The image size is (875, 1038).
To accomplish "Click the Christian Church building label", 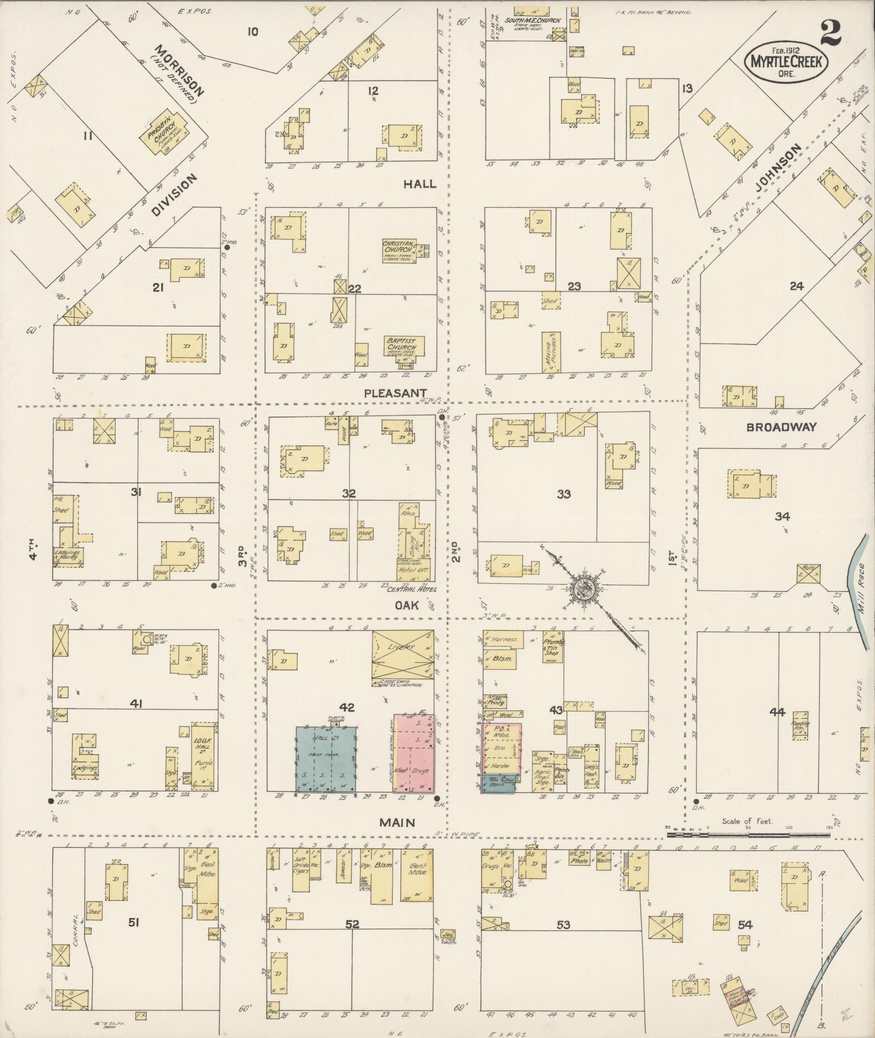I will tap(399, 247).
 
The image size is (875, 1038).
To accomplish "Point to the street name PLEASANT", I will tap(395, 392).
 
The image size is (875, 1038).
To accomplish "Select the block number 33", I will tap(564, 494).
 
